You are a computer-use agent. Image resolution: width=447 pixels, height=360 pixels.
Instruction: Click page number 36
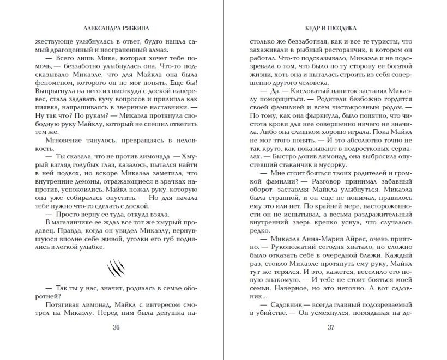click(116, 327)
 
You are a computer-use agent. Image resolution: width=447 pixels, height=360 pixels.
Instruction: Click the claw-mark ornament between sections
click(116, 267)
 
